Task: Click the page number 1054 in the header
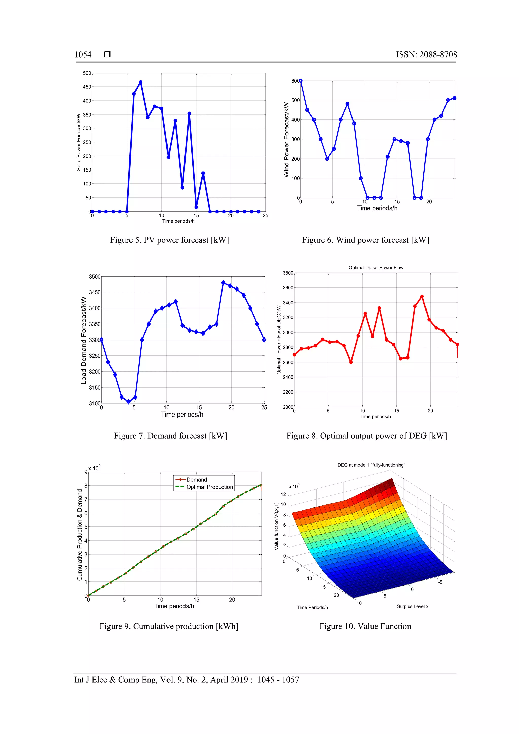tap(83, 55)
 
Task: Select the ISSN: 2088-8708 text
tap(426, 55)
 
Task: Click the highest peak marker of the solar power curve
tap(141, 82)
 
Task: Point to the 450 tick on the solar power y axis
tap(87, 87)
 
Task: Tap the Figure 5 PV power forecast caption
tap(169, 240)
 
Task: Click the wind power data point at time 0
tap(300, 81)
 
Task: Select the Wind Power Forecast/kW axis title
tap(286, 140)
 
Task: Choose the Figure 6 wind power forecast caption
tap(365, 240)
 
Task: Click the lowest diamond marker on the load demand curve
tap(128, 402)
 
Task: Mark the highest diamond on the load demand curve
tap(223, 283)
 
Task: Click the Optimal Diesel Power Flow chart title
tap(376, 268)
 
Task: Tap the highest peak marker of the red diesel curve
tap(422, 297)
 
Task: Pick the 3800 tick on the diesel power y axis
tap(288, 273)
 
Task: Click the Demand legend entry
tap(196, 480)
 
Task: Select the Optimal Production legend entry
tap(210, 487)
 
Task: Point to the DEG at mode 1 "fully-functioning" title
tap(371, 465)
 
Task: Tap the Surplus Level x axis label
tap(412, 607)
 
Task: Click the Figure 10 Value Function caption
tap(365, 626)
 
